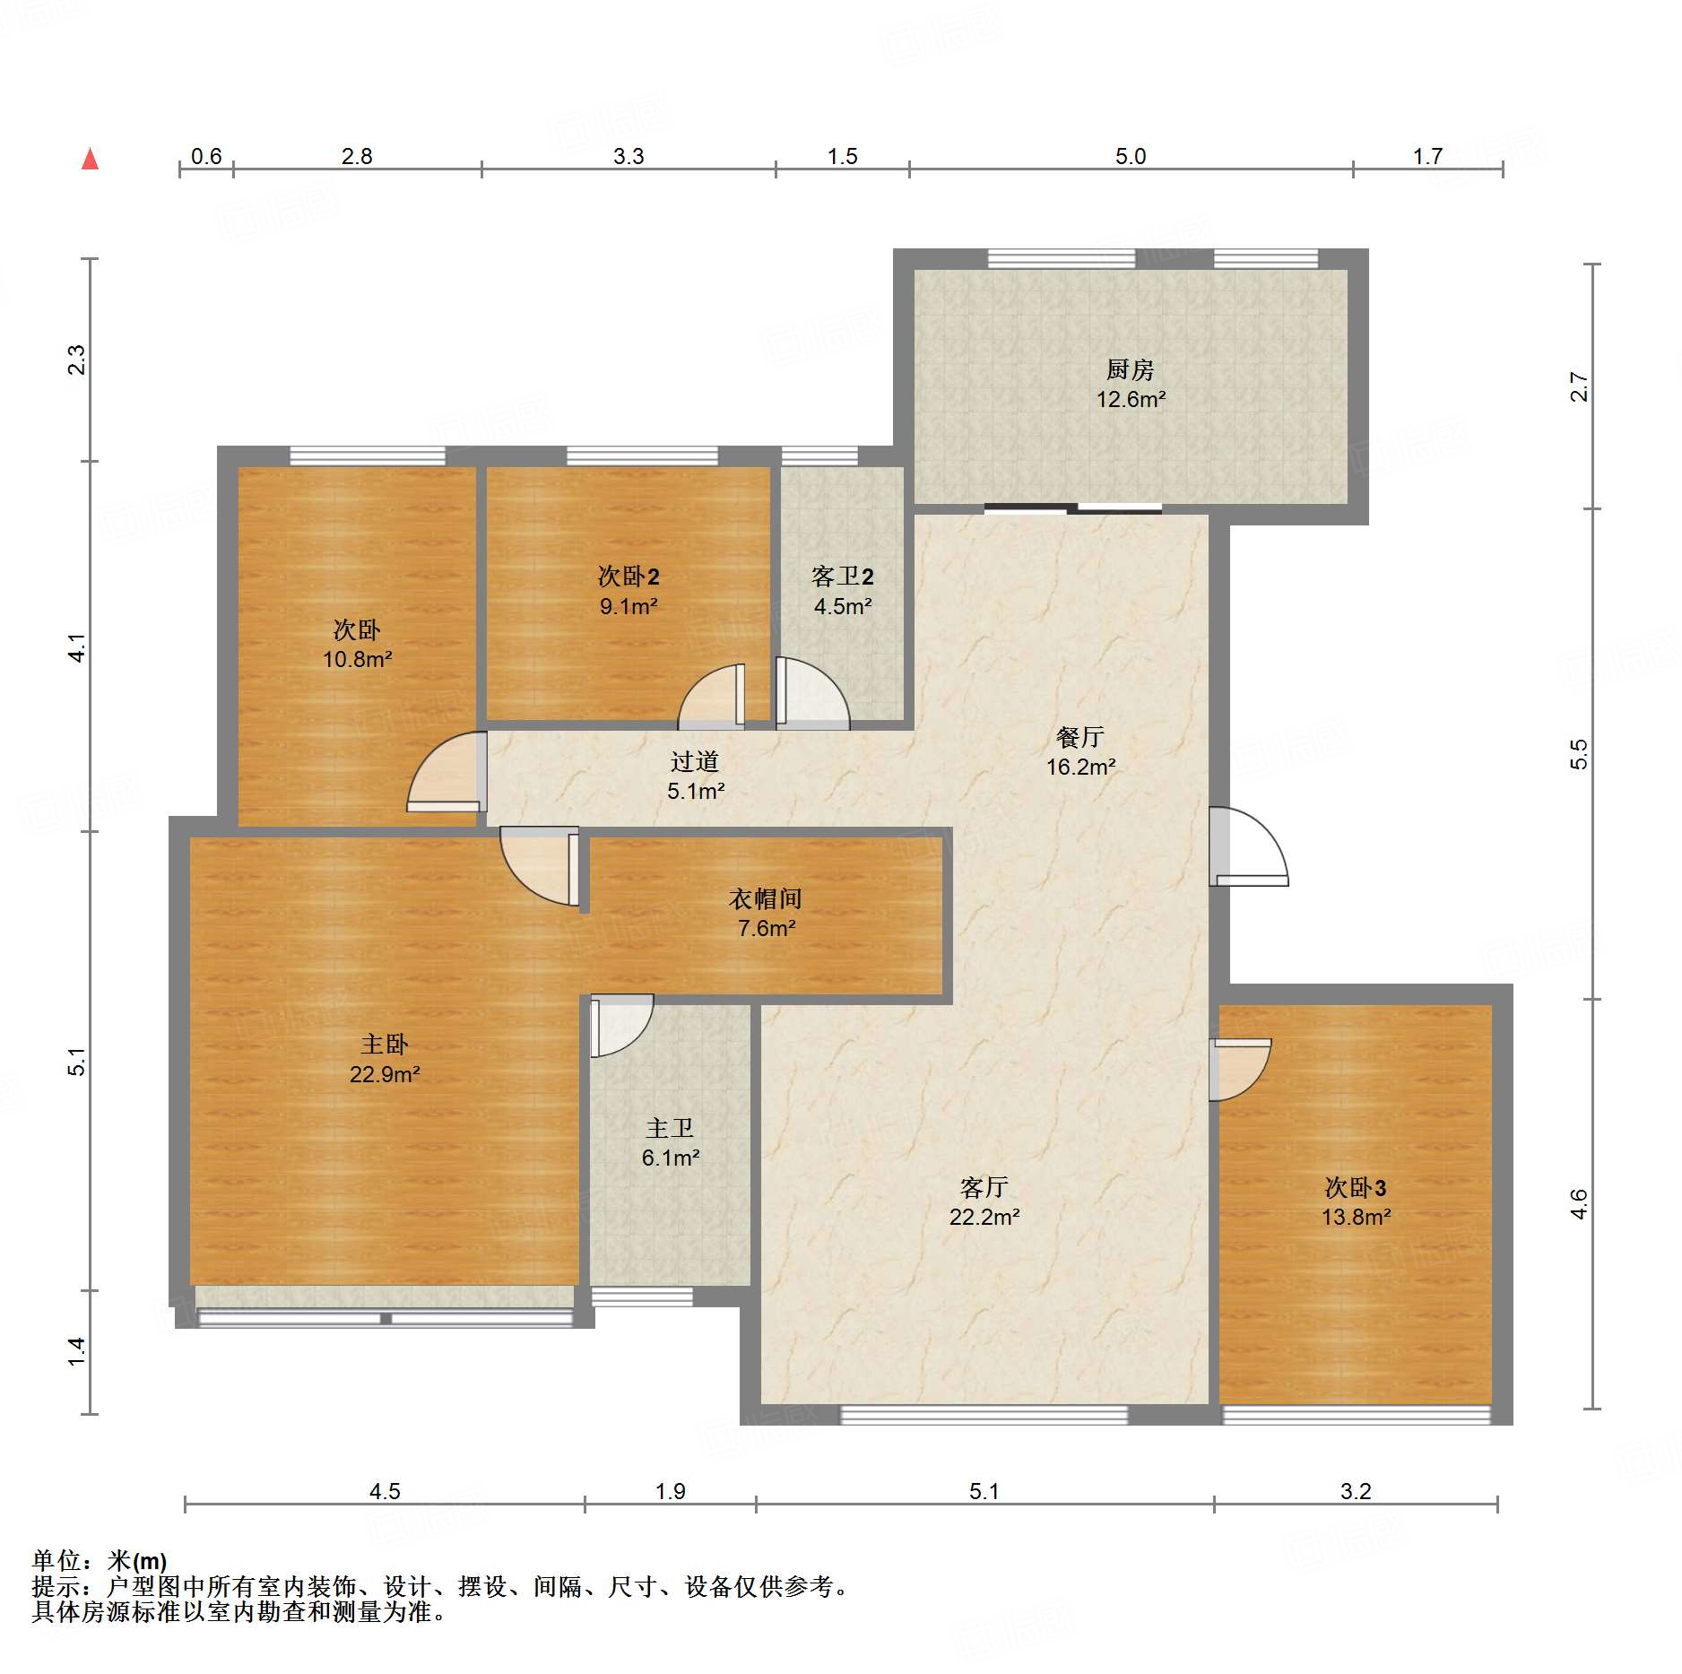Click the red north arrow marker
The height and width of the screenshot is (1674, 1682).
pos(90,159)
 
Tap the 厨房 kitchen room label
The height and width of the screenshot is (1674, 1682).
pos(1130,369)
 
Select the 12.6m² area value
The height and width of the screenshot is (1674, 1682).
pos(1131,400)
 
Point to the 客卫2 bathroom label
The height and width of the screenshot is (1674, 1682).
pos(842,576)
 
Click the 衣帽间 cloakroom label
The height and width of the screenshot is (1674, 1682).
pos(765,898)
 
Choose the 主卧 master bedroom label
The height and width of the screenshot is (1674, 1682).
pos(384,1044)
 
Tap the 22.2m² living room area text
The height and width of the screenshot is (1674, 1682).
pos(984,1218)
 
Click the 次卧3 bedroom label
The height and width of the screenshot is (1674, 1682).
pos(1356,1188)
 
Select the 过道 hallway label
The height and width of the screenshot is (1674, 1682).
pos(695,761)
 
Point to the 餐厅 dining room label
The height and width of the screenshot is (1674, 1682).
pos(1079,737)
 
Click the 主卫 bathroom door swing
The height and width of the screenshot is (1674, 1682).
pos(621,1025)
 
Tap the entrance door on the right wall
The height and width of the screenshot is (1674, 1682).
pos(1248,846)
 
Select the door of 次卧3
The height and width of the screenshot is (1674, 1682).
pos(1240,1069)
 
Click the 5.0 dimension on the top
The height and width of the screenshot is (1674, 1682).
pos(1131,157)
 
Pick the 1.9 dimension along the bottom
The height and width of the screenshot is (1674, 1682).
pos(670,1491)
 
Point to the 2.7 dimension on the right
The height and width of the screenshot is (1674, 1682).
pos(1579,386)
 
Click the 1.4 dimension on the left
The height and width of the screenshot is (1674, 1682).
pos(77,1351)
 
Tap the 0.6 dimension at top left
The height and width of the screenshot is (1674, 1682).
pos(206,157)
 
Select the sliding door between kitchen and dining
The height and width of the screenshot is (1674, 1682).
pos(1073,509)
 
